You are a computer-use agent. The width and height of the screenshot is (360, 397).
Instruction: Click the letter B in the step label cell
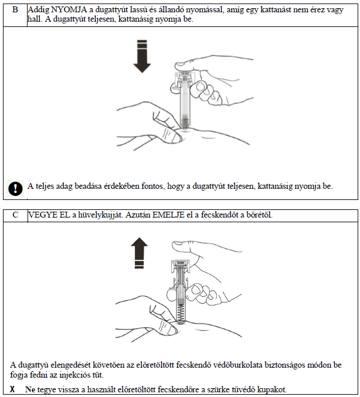[15, 8]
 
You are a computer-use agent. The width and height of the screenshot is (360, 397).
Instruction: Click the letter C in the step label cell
[15, 215]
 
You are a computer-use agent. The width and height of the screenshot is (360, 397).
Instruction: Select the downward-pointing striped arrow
[141, 56]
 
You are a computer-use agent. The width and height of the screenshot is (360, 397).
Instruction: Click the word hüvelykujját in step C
[96, 215]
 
